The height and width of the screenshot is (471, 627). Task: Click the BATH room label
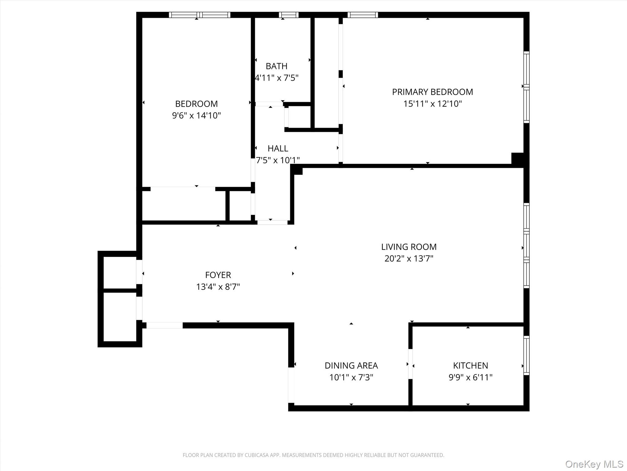[x=276, y=66]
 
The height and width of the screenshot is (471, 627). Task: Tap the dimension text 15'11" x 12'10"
[x=432, y=104]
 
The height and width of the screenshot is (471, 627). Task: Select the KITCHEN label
[x=470, y=366]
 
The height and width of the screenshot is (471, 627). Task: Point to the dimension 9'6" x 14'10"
[x=196, y=116]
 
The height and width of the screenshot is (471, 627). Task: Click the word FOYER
[x=218, y=275]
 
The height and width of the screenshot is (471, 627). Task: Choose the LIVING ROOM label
[x=409, y=247]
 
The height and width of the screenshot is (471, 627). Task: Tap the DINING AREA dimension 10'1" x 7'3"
[x=351, y=377]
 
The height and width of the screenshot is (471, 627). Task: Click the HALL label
[x=278, y=148]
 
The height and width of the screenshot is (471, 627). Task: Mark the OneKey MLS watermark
[x=594, y=464]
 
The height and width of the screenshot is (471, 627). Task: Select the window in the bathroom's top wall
[x=288, y=15]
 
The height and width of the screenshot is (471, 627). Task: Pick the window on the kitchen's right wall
[x=526, y=355]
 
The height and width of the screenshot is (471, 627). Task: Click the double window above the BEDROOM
[x=200, y=15]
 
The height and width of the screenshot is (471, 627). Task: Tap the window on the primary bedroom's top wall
[x=362, y=15]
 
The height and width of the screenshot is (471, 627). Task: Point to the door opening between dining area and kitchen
[x=410, y=364]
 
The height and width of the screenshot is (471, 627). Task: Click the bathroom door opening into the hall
[x=269, y=104]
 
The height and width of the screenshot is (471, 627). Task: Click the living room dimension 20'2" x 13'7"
[x=409, y=258]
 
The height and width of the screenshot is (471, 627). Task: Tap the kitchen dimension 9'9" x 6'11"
[x=470, y=377]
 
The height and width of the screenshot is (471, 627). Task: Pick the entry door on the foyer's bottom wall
[x=164, y=325]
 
